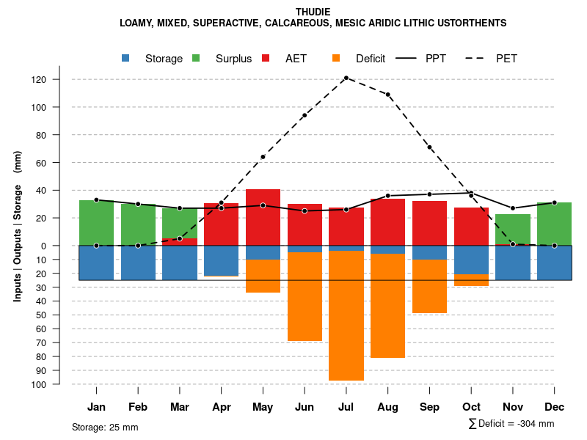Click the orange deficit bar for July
coord(346,315)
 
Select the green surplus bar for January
coord(96,222)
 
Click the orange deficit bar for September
coord(429,286)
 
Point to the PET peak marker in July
coord(346,78)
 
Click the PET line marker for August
coord(388,95)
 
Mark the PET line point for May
coord(263,157)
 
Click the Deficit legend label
coord(371,59)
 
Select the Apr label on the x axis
coord(222,407)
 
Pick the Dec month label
coord(555,407)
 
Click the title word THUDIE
coord(313,12)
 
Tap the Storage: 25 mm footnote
coord(105,427)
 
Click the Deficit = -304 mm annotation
coord(511,424)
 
